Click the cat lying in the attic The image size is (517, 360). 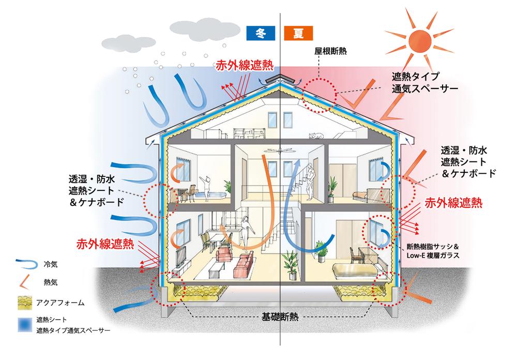click(314, 136)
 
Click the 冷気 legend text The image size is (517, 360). click(51, 264)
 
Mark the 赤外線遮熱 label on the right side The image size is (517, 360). click(453, 203)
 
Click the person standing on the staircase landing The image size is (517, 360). click(310, 181)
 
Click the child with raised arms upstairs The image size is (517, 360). click(207, 185)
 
